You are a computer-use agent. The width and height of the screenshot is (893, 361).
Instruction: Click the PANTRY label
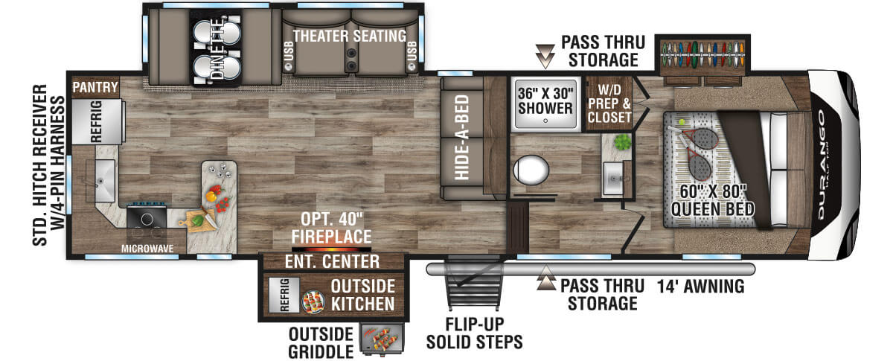pos(95,87)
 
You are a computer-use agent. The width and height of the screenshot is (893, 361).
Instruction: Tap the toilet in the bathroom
pos(531,170)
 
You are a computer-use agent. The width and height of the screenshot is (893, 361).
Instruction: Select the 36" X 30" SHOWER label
pos(545,100)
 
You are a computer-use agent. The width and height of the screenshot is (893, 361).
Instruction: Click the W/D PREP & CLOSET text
pos(609,103)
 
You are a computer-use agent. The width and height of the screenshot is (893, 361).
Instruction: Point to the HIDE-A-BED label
pos(461,137)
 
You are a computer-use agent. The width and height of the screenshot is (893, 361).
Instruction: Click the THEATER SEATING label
pos(350,36)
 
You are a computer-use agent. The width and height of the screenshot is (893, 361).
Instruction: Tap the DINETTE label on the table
pos(217,48)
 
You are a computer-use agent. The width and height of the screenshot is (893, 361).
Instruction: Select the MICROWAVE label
pos(147,249)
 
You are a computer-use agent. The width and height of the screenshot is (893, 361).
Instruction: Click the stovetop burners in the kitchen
pos(147,218)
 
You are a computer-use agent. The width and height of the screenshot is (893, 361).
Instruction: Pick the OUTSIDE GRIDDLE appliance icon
pos(382,339)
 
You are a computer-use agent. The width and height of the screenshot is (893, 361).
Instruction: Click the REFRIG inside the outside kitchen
pos(284,295)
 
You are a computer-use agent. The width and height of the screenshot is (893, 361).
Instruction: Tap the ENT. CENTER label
pos(332,262)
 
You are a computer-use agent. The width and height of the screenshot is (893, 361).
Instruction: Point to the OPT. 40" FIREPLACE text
pos(332,228)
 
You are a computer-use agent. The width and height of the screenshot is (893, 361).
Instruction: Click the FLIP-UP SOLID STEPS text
pos(475,333)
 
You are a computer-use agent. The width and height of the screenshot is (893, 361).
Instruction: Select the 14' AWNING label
pos(700,287)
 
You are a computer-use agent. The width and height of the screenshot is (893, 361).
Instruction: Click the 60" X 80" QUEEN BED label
pos(712,200)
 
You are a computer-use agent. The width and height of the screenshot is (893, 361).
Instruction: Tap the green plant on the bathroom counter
pos(622,142)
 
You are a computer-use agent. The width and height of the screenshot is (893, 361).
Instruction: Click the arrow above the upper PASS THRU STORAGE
pos(545,56)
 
